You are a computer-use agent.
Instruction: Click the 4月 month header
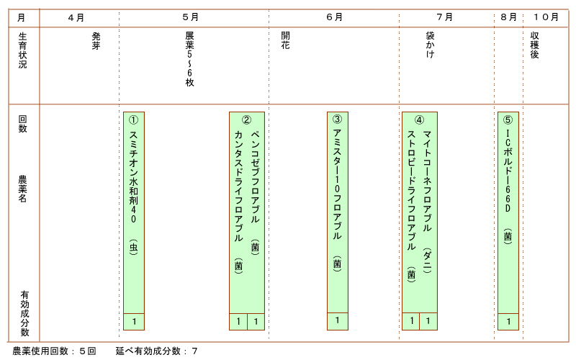[76, 17]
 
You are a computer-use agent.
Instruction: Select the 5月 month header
[190, 17]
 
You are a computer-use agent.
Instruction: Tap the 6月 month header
[334, 17]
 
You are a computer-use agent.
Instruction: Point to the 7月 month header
[444, 17]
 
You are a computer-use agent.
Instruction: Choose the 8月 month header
[509, 17]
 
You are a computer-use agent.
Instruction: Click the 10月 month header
[546, 17]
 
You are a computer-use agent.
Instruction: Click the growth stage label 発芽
[96, 41]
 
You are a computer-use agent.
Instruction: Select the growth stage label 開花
[285, 40]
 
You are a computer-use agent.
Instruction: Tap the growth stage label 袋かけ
[430, 45]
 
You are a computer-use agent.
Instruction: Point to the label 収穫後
[534, 45]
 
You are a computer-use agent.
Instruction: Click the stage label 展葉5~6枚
[189, 59]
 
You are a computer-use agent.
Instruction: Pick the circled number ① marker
[133, 120]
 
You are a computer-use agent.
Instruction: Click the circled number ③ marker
[337, 119]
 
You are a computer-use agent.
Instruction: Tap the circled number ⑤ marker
[508, 120]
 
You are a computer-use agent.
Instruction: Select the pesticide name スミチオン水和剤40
[133, 176]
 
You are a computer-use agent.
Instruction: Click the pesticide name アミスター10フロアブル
[337, 184]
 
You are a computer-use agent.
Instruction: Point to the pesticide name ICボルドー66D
[508, 171]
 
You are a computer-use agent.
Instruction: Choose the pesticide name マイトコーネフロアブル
[427, 181]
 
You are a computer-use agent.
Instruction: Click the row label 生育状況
[22, 50]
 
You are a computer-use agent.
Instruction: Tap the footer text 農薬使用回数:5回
[55, 351]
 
